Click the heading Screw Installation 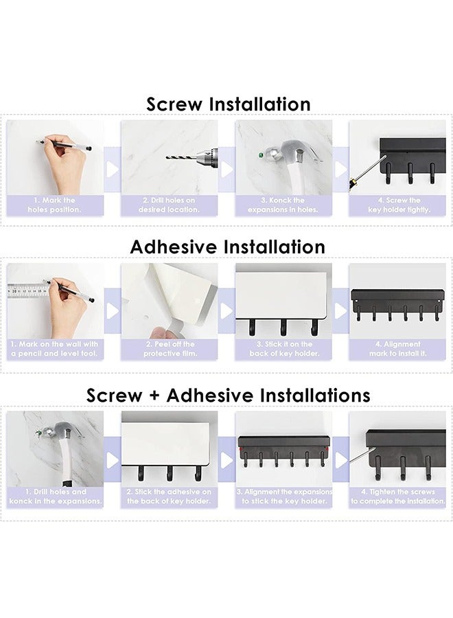click(x=229, y=104)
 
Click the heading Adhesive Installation click(x=229, y=247)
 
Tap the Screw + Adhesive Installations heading click(x=229, y=396)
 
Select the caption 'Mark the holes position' click(x=55, y=205)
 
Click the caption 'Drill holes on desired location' click(x=170, y=205)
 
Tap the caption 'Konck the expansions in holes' click(x=283, y=205)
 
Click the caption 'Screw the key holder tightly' click(x=398, y=205)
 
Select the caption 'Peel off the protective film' click(x=170, y=349)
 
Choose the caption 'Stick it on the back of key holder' click(x=283, y=349)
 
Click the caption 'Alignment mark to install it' click(x=398, y=349)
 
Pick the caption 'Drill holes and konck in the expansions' click(x=55, y=496)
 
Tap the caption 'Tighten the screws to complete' click(x=398, y=496)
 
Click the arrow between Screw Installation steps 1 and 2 click(x=113, y=169)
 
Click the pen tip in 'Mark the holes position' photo click(x=38, y=142)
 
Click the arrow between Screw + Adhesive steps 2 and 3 click(x=226, y=459)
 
